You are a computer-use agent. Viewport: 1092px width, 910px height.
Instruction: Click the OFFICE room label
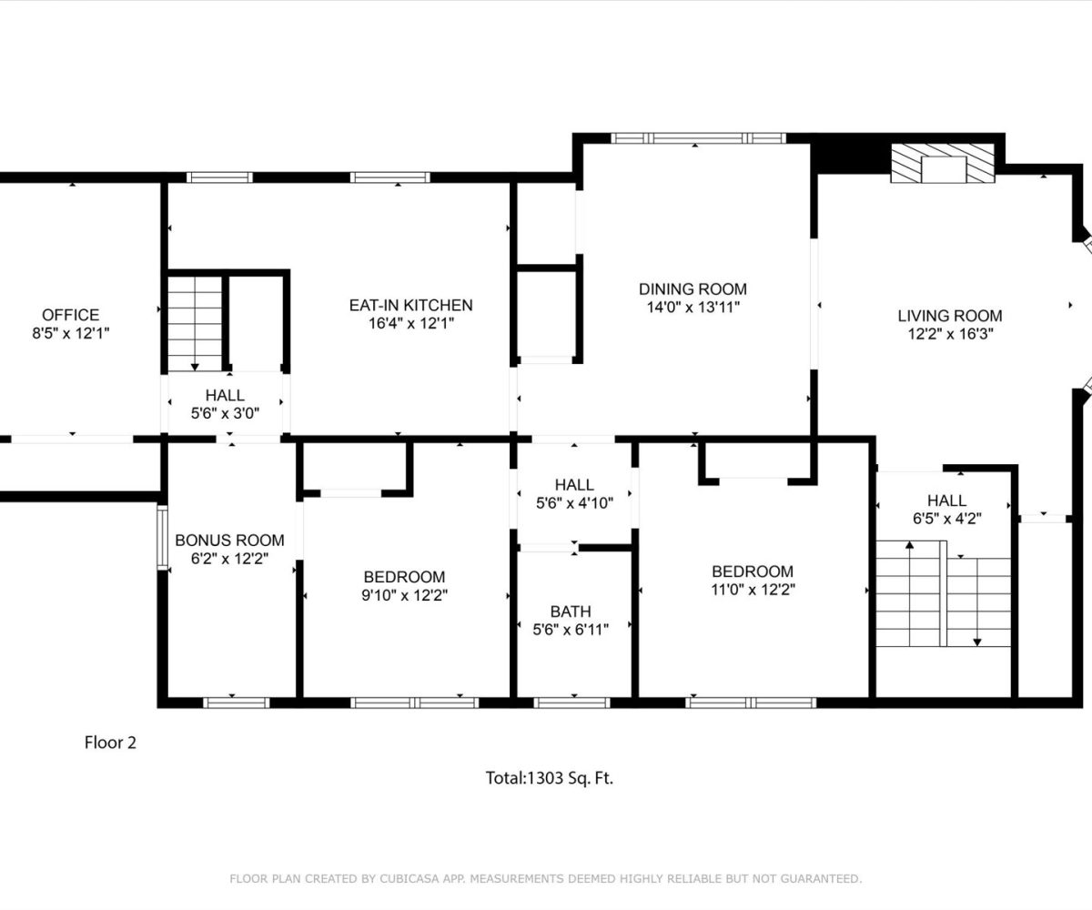[71, 315]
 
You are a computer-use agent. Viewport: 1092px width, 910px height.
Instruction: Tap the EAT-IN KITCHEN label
[411, 305]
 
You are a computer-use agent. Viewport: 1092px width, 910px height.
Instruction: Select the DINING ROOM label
[693, 288]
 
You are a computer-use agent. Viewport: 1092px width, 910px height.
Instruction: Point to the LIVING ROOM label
[950, 316]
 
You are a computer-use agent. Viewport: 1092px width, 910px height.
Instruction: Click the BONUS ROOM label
[229, 540]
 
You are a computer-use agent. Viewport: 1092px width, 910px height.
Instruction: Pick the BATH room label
[571, 611]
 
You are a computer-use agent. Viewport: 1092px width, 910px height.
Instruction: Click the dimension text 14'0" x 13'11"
[693, 307]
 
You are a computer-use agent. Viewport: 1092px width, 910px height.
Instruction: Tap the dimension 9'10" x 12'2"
[404, 595]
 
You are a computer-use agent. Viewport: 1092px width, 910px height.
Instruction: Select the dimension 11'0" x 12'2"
[753, 590]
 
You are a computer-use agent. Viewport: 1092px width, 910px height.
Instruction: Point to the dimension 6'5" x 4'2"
[947, 519]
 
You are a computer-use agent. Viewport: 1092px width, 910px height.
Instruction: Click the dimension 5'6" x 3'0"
[225, 413]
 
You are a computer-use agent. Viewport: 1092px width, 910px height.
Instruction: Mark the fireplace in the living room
[943, 163]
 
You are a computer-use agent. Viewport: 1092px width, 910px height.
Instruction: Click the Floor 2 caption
[110, 743]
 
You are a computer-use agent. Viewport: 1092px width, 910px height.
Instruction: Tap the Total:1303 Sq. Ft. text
[549, 778]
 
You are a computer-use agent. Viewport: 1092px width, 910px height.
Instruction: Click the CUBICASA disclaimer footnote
[545, 879]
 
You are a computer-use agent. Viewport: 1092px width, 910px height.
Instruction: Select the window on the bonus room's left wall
[163, 537]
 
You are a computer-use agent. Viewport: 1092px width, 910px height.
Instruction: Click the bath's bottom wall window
[571, 703]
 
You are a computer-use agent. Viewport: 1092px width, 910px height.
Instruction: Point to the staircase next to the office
[195, 324]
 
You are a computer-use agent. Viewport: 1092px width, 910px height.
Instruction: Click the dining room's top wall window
[698, 138]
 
